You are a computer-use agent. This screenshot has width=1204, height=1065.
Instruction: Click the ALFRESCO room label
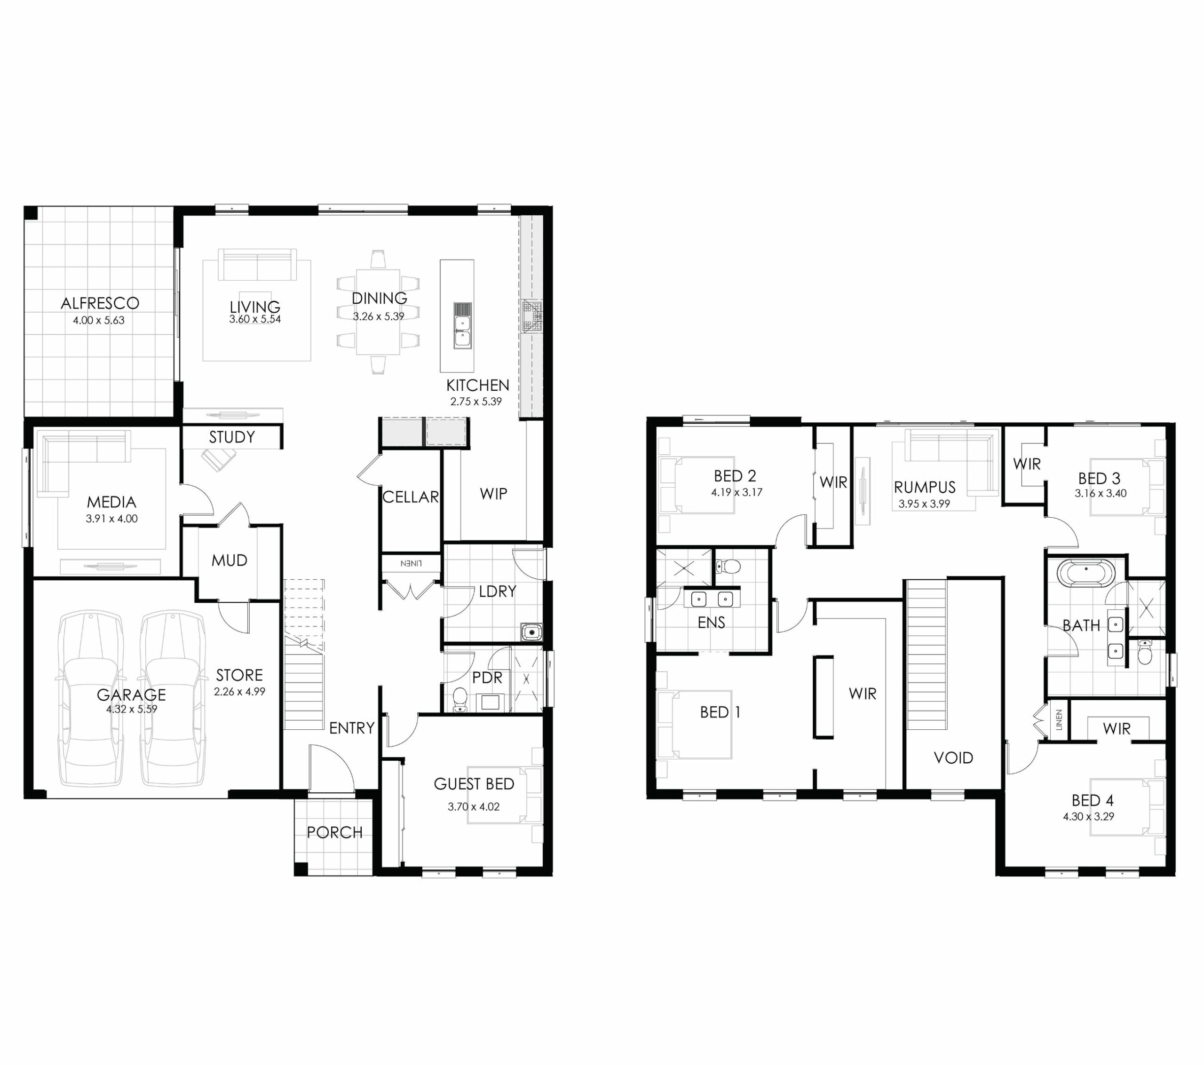[100, 303]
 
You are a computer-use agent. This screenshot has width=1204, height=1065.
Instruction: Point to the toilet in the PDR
[459, 700]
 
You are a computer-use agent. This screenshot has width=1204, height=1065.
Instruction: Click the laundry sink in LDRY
[531, 632]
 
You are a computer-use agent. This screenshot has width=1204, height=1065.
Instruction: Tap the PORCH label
[334, 832]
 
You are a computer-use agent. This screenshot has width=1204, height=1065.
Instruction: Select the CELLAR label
[411, 497]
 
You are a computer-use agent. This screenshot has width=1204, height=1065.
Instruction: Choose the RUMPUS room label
[925, 487]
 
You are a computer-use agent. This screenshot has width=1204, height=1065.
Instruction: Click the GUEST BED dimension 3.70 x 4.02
[474, 807]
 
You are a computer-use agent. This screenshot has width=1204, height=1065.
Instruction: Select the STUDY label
[232, 437]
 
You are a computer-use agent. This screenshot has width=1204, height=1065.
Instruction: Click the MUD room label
[229, 560]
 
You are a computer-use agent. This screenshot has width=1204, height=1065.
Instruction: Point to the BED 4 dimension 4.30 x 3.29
[1089, 816]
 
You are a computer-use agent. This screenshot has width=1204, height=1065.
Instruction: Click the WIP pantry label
[494, 494]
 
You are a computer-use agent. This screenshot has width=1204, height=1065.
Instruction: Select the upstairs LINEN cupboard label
[1059, 720]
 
